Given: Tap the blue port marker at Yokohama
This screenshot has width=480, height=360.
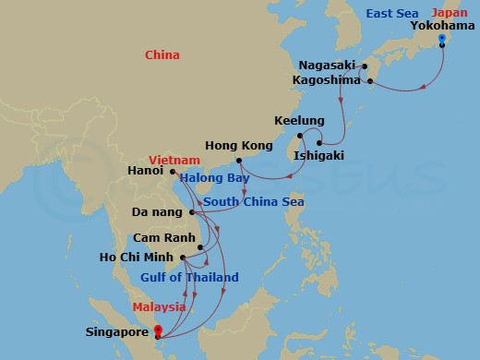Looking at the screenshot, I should point(442,38).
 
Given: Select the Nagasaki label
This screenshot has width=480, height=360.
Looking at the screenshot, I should point(327,65).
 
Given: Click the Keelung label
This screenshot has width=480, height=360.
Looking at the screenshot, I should point(299,121).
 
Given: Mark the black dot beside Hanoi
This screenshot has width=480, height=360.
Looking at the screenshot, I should point(173,171).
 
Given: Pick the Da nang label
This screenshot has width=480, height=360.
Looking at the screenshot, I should point(154,211).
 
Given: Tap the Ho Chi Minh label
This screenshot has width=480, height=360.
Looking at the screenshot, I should point(140,258).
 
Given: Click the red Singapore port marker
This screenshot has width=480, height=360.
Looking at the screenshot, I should point(159,330).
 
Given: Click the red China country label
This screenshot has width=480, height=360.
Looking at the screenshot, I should point(162,55).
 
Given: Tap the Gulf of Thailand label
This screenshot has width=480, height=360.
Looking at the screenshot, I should point(189,277).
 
